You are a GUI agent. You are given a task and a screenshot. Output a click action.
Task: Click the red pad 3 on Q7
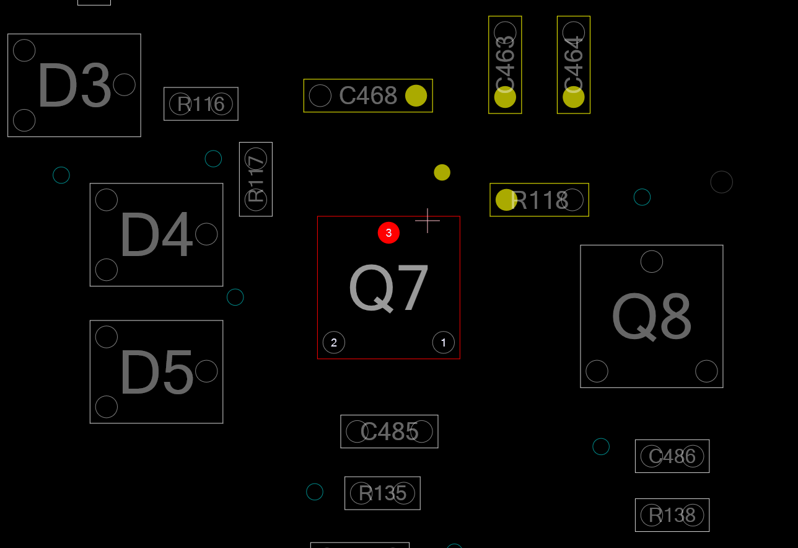pyautogui.click(x=388, y=233)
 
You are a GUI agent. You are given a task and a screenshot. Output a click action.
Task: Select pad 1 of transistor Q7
pyautogui.click(x=444, y=343)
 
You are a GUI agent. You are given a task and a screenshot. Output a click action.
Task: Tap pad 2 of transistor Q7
pyautogui.click(x=334, y=343)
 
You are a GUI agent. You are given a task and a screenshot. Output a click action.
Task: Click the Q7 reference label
pyautogui.click(x=388, y=288)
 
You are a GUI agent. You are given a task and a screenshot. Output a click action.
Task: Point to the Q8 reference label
pyautogui.click(x=652, y=317)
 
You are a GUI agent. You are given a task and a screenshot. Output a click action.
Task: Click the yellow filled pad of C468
pyautogui.click(x=416, y=95)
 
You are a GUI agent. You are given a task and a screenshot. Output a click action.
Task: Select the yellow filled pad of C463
pyautogui.click(x=505, y=97)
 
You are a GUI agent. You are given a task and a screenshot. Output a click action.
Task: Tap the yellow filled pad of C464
pyautogui.click(x=574, y=97)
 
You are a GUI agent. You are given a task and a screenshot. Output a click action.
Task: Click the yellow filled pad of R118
pyautogui.click(x=506, y=200)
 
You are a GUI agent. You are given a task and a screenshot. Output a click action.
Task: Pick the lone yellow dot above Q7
pyautogui.click(x=442, y=172)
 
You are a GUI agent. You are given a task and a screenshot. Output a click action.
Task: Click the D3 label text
pyautogui.click(x=74, y=85)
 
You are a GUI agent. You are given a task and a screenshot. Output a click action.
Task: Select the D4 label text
pyautogui.click(x=156, y=234)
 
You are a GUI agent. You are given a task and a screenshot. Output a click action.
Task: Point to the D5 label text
pyautogui.click(x=156, y=371)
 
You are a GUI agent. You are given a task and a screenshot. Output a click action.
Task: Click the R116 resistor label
pyautogui.click(x=201, y=104)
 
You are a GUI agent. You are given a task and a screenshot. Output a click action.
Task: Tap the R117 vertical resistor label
pyautogui.click(x=256, y=179)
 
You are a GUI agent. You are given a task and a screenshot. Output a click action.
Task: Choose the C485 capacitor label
pyautogui.click(x=389, y=431)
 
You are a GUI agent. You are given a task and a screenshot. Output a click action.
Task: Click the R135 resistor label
pyautogui.click(x=383, y=493)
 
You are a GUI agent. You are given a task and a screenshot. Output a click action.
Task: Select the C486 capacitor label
pyautogui.click(x=672, y=456)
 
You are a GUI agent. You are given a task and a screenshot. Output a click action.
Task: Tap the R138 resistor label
pyautogui.click(x=672, y=515)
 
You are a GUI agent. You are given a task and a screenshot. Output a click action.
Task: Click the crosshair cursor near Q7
pyautogui.click(x=427, y=221)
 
